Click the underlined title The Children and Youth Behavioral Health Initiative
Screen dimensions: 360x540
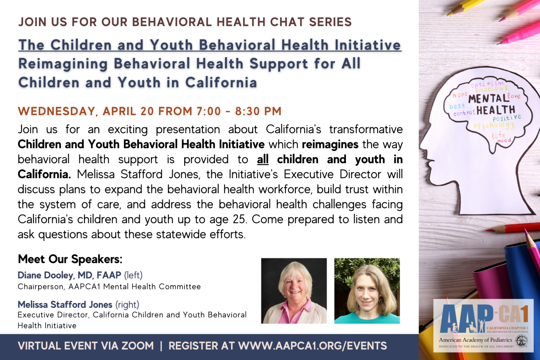point(210,45)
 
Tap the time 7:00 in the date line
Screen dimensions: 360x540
point(208,111)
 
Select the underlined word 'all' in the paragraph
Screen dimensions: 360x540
point(263,159)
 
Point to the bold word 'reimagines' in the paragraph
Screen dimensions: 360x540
point(330,144)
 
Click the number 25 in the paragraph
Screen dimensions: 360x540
point(239,219)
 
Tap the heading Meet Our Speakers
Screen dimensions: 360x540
point(70,259)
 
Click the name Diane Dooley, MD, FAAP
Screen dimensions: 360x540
point(69,275)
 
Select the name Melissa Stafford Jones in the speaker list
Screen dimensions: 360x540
point(65,304)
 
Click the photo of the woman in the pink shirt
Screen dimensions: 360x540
point(294,291)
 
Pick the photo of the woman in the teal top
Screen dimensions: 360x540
point(367,291)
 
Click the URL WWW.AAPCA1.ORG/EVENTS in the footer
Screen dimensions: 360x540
point(313,346)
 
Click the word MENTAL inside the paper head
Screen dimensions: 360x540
point(488,98)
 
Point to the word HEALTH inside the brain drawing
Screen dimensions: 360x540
point(496,110)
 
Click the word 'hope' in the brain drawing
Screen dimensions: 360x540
point(459,95)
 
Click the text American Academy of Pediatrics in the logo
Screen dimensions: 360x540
point(475,340)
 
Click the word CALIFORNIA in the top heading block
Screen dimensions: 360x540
point(221,83)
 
